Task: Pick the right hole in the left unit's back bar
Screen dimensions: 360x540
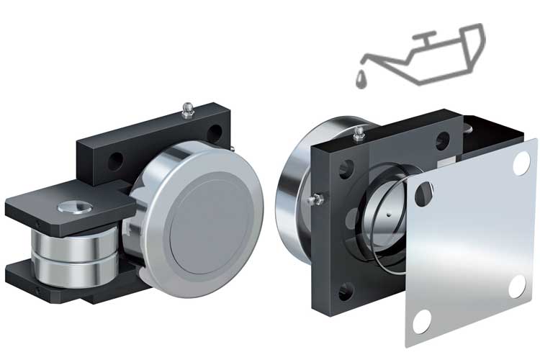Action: pos(216,134)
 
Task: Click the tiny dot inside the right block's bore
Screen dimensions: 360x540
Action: pos(386,214)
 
